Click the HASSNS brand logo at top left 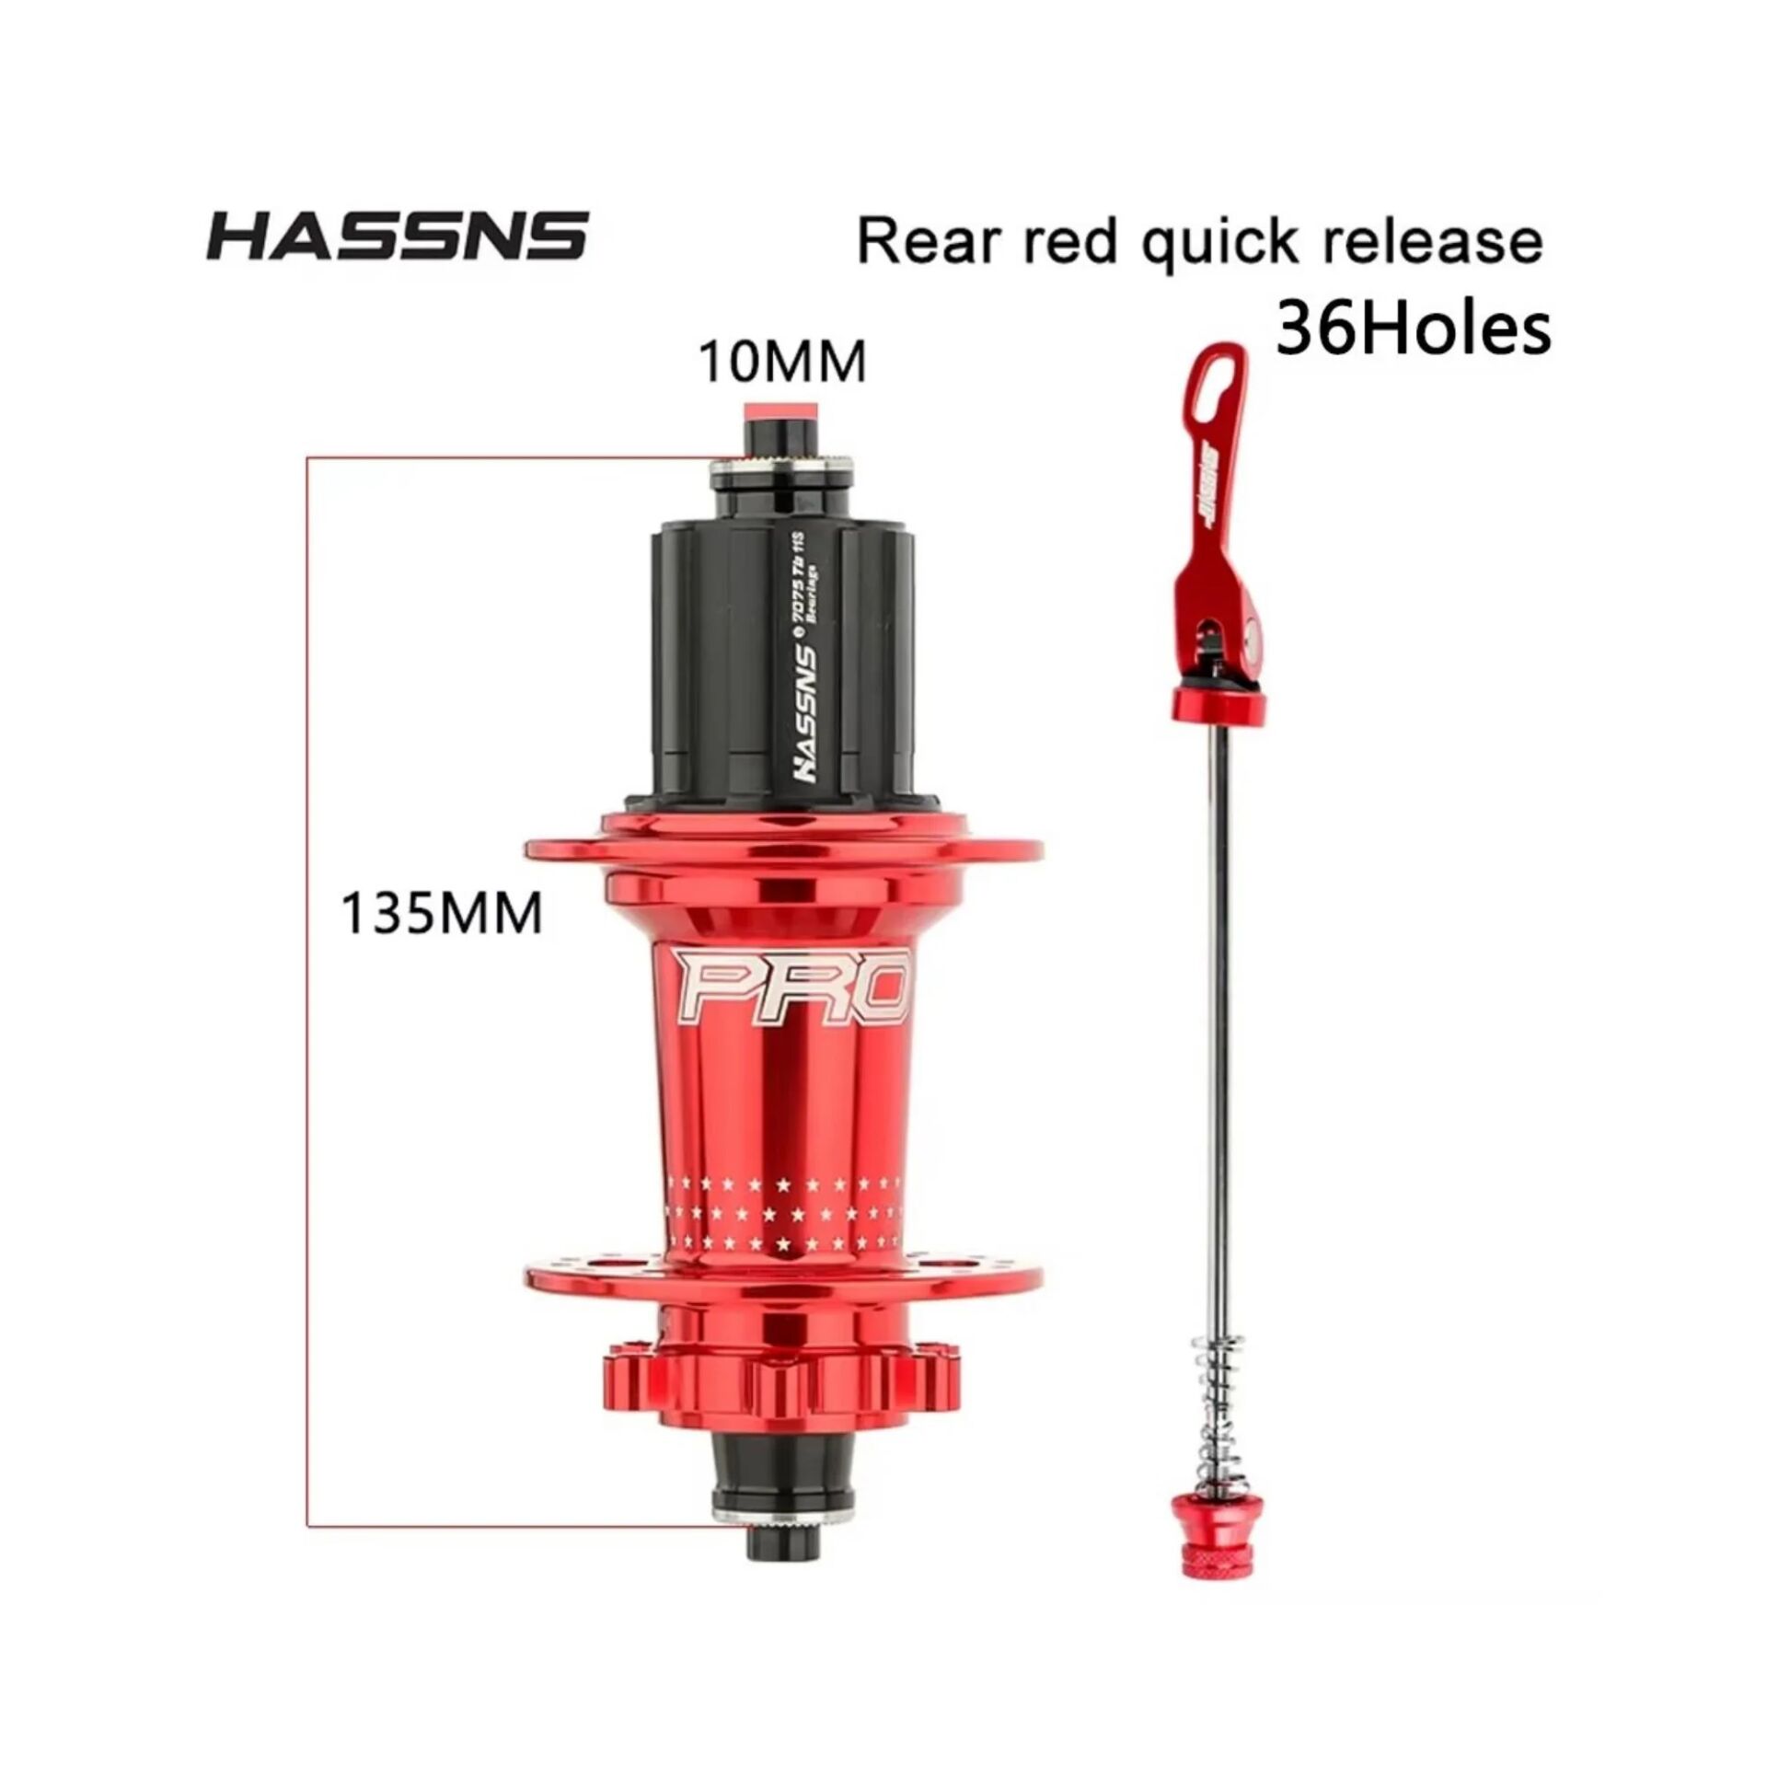397,236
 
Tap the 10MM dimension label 782,362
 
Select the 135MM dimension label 442,914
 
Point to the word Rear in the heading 925,241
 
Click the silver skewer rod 1221,1012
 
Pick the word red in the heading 1068,241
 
